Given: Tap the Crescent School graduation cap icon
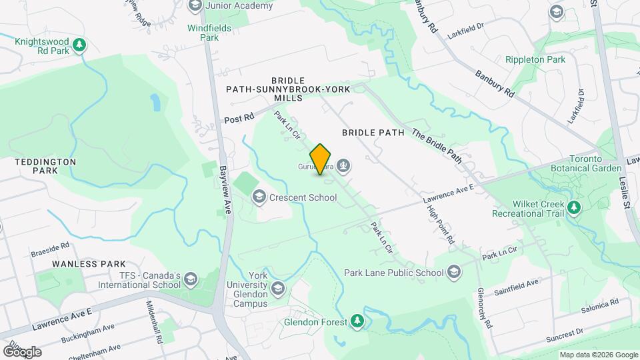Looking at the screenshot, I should coord(258,197).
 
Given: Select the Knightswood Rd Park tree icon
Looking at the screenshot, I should coord(80,45).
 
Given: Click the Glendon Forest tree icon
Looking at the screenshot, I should coord(358,321).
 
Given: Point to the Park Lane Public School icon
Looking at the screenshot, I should coord(454,272).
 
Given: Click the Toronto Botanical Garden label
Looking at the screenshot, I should coord(577,163).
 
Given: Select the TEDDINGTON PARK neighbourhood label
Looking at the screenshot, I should coord(44,166).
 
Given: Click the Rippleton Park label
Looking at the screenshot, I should coord(535,60).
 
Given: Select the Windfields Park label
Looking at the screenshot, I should coord(203,33).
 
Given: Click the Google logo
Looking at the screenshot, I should coord(22,351).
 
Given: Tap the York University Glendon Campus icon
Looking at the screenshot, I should coord(277,289).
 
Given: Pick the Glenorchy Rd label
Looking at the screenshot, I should coord(484,307).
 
